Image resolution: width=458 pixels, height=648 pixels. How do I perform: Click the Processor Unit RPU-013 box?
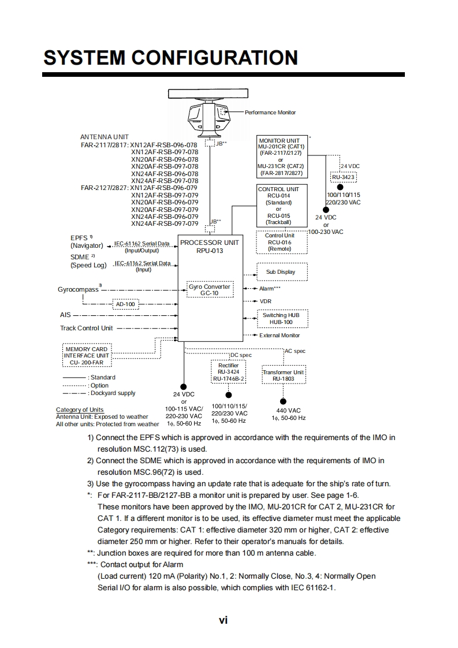click(x=209, y=289)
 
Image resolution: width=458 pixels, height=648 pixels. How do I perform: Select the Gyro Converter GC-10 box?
click(x=209, y=289)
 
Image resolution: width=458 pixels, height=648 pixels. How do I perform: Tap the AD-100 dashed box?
click(x=125, y=304)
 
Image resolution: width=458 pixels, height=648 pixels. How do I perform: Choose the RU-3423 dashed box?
click(x=343, y=177)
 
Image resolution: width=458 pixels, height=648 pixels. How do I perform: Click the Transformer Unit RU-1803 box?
click(x=283, y=375)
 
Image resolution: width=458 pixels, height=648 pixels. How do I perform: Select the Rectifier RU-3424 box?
click(x=229, y=371)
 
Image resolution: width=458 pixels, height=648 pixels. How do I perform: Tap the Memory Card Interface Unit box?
click(x=87, y=355)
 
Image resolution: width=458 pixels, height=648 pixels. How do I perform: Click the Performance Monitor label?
click(x=270, y=112)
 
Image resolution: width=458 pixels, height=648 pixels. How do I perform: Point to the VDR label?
click(x=265, y=301)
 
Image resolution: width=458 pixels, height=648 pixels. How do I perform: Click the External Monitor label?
click(x=280, y=335)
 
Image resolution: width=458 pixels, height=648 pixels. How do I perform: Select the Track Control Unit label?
click(x=87, y=328)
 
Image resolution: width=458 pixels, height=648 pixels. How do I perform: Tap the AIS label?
click(x=65, y=315)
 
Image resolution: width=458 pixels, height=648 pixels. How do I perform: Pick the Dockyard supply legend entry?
click(x=113, y=393)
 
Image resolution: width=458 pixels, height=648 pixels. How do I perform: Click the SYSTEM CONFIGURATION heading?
click(x=171, y=58)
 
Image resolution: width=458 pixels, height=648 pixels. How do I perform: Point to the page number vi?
click(x=223, y=620)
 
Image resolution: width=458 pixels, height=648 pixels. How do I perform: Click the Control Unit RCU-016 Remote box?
click(x=280, y=242)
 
